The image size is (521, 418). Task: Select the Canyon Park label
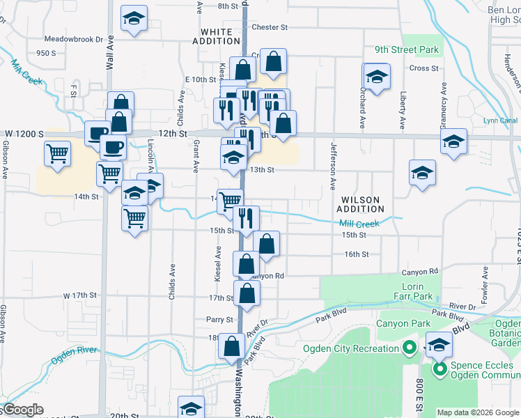pos(403,323)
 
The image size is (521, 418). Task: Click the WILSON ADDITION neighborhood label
pos(361,205)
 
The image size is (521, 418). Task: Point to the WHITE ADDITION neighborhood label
pos(221,37)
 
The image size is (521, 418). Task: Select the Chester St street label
pos(270,28)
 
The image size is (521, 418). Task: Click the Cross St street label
pos(423,68)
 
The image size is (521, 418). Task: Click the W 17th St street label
pos(79,295)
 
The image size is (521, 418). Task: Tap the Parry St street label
pos(219,319)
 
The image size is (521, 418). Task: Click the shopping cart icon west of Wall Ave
pos(57,153)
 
